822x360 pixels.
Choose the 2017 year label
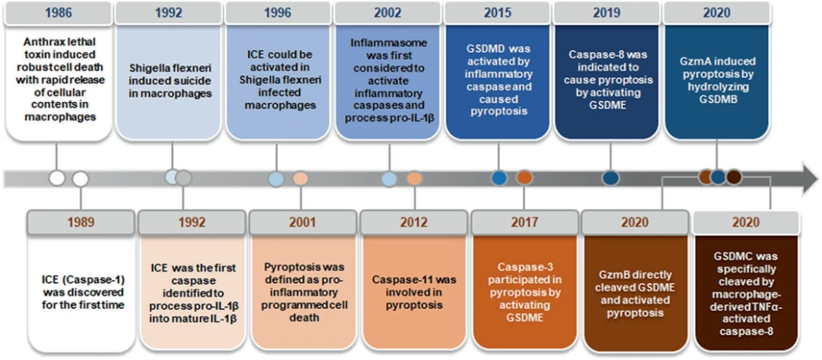[524, 221]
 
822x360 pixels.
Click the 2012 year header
[414, 221]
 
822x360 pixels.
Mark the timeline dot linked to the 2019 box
[611, 179]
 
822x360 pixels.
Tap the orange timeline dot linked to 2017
[524, 178]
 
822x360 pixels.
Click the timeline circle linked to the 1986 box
[56, 179]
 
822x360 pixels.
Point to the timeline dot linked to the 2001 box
[301, 179]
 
